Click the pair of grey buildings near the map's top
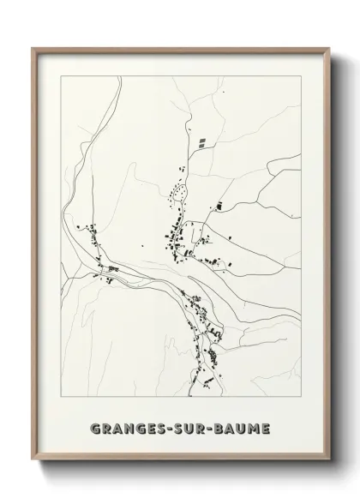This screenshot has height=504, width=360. pyautogui.click(x=202, y=143)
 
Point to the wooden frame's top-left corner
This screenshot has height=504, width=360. pyautogui.click(x=33, y=49)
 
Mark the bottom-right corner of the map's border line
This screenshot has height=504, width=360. pyautogui.click(x=302, y=398)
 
